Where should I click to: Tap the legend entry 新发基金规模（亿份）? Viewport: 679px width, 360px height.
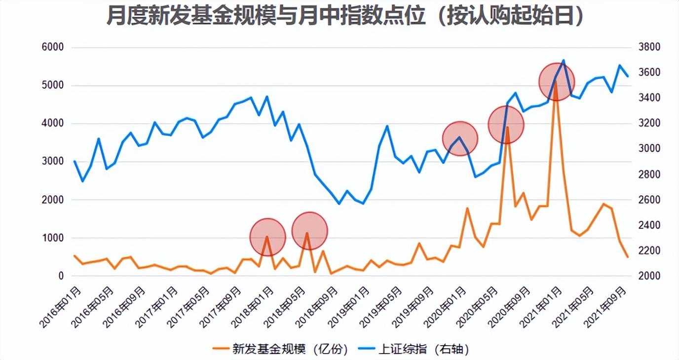pyautogui.click(x=281, y=350)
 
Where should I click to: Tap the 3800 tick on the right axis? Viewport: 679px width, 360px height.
pyautogui.click(x=649, y=48)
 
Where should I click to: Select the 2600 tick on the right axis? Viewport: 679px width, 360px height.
pyautogui.click(x=649, y=200)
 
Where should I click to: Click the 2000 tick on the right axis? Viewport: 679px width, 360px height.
pyautogui.click(x=649, y=276)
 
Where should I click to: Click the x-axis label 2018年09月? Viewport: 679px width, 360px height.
pyautogui.click(x=316, y=306)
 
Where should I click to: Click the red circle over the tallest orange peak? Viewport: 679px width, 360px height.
pyautogui.click(x=557, y=82)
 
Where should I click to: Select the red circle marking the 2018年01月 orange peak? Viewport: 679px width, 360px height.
pyautogui.click(x=268, y=237)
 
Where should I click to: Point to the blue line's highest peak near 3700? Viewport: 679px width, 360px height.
pyautogui.click(x=564, y=61)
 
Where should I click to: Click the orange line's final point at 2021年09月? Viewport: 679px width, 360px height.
pyautogui.click(x=628, y=257)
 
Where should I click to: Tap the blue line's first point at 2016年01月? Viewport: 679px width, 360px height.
pyautogui.click(x=75, y=161)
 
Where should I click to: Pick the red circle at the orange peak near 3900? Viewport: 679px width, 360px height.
pyautogui.click(x=506, y=125)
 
